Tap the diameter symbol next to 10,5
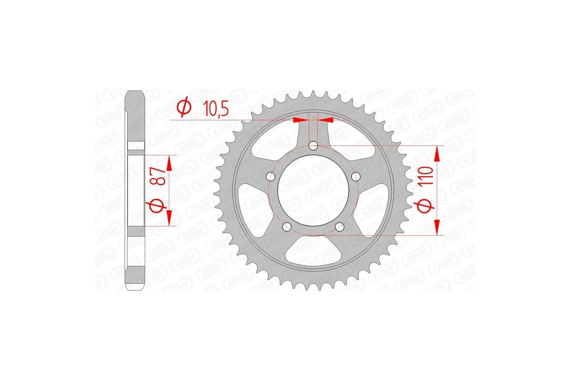pyautogui.click(x=184, y=108)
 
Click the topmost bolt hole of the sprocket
pyautogui.click(x=313, y=145)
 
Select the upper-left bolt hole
pyautogui.click(x=271, y=177)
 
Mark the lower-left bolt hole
pyautogui.click(x=287, y=227)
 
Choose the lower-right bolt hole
pyautogui.click(x=339, y=227)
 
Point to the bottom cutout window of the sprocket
pyautogui.click(x=313, y=251)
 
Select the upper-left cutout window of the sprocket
pyautogui.click(x=273, y=143)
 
